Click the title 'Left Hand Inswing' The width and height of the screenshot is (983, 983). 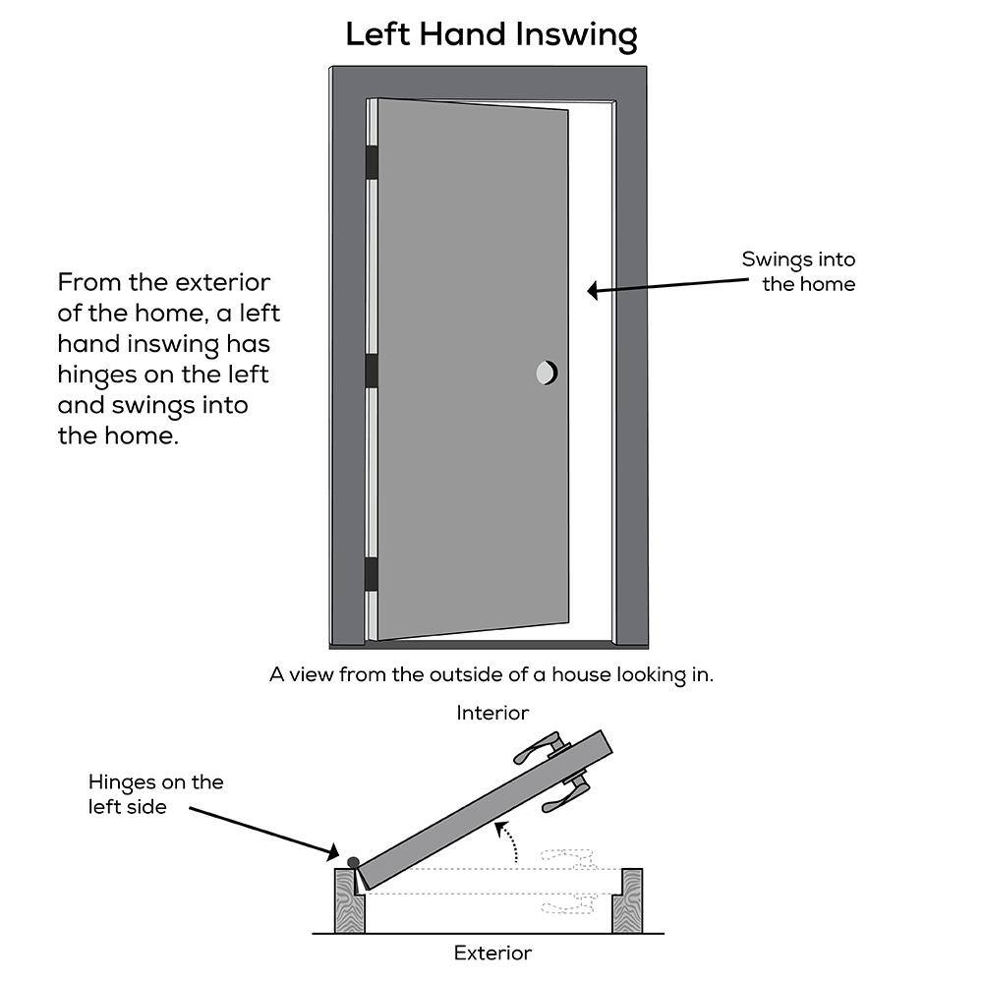[x=491, y=35]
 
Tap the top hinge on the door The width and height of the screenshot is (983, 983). [x=372, y=162]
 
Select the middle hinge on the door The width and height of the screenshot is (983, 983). [x=372, y=372]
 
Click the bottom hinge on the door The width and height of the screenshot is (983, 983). [x=372, y=574]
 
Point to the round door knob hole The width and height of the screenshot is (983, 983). [x=547, y=373]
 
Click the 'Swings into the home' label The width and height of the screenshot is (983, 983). [x=798, y=272]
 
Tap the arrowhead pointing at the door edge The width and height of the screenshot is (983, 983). [x=594, y=290]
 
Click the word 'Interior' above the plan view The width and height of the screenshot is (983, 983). [x=492, y=713]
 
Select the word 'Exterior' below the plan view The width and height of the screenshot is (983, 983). [x=492, y=953]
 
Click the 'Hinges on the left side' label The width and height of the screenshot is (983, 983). [x=155, y=794]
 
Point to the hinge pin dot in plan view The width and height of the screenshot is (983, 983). [x=354, y=862]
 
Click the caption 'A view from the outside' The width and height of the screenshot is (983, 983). [x=491, y=675]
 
